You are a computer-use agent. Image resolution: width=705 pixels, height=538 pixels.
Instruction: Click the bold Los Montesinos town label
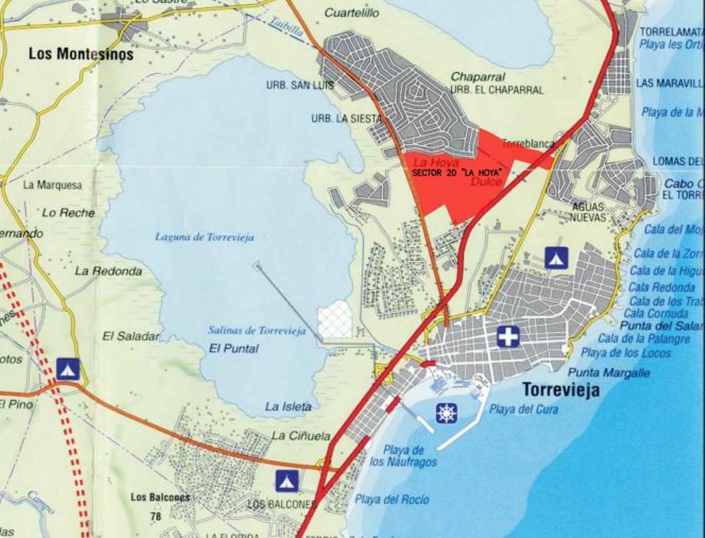pyautogui.click(x=81, y=55)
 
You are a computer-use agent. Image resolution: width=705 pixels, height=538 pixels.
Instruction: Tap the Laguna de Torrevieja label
pyautogui.click(x=204, y=237)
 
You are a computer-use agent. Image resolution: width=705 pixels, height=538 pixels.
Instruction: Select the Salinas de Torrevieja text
pyautogui.click(x=257, y=331)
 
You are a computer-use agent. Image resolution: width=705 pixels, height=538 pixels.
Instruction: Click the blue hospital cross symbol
pyautogui.click(x=508, y=337)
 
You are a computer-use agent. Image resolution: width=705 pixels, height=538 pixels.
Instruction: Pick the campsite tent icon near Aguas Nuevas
pyautogui.click(x=556, y=258)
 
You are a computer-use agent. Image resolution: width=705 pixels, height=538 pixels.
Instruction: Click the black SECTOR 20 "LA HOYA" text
pyautogui.click(x=459, y=174)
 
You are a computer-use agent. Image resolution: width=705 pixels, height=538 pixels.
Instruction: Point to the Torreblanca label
pyautogui.click(x=524, y=143)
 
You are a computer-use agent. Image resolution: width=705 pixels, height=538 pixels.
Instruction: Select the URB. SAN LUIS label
pyautogui.click(x=300, y=86)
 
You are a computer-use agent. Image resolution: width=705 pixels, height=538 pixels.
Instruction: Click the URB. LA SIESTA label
pyautogui.click(x=347, y=119)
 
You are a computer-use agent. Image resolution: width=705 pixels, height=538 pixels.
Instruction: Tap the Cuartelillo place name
pyautogui.click(x=352, y=12)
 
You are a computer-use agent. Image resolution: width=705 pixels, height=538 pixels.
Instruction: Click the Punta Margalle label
pyautogui.click(x=609, y=373)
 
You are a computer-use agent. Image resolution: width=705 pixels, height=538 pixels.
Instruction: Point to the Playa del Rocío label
pyautogui.click(x=392, y=500)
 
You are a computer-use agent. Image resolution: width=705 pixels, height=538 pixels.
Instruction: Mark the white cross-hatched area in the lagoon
pyautogui.click(x=334, y=321)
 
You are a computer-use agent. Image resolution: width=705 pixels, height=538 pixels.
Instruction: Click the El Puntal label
pyautogui.click(x=234, y=348)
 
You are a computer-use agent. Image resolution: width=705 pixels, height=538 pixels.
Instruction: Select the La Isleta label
pyautogui.click(x=288, y=406)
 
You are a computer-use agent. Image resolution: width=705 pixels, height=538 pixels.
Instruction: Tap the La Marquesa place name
pyautogui.click(x=52, y=184)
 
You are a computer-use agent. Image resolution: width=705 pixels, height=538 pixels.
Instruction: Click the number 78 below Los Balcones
pyautogui.click(x=155, y=517)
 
